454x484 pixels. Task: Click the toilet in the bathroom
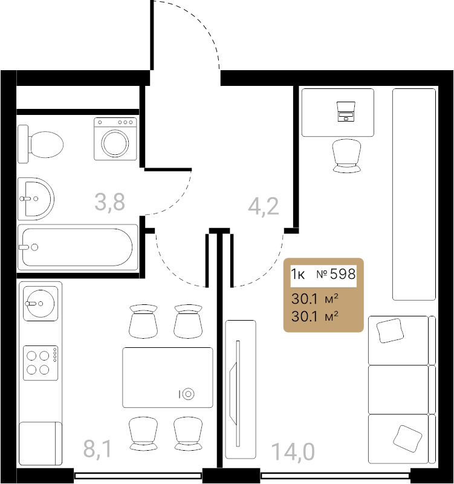tap(41, 144)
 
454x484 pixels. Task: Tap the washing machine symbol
tap(115, 139)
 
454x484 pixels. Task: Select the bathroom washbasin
tap(36, 199)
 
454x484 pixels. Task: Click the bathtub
tap(78, 247)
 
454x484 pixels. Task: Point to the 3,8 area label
tap(109, 202)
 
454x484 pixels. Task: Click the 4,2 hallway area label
tap(264, 206)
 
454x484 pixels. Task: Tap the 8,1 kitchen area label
tap(97, 449)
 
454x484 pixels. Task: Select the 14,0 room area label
tap(293, 452)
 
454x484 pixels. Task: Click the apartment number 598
tap(343, 274)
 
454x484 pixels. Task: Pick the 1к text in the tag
tap(297, 274)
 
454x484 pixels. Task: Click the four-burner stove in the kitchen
tap(41, 362)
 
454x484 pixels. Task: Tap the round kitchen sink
tap(41, 304)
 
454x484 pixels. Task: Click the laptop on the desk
tap(346, 111)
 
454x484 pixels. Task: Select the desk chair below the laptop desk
tap(346, 155)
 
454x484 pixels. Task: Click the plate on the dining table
tap(188, 394)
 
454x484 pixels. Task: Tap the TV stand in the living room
tap(241, 389)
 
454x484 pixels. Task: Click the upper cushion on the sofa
tap(390, 331)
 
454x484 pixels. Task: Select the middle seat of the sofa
tap(398, 390)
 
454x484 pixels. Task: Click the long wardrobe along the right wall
tap(414, 194)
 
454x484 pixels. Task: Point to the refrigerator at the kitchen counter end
tap(41, 443)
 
